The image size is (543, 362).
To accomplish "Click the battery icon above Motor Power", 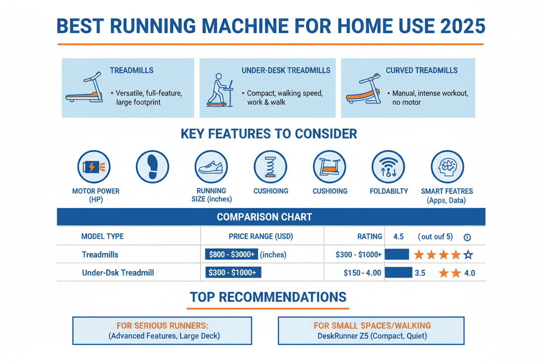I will [94, 167].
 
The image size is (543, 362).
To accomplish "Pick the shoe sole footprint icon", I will [152, 167].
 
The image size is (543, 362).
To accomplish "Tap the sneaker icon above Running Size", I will [211, 167].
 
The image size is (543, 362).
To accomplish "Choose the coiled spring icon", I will [271, 167].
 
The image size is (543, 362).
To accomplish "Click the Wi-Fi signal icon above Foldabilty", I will [388, 167].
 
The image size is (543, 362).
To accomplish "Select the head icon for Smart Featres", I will [447, 167].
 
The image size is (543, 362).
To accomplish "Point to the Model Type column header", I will [102, 237].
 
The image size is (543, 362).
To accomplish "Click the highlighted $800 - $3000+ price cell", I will [231, 255].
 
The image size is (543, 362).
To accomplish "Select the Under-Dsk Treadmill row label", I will [118, 273].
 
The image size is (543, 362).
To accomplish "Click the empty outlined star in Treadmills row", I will [468, 255].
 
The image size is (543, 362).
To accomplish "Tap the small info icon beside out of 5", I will [467, 238].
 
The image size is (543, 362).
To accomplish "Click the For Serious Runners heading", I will [162, 326].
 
